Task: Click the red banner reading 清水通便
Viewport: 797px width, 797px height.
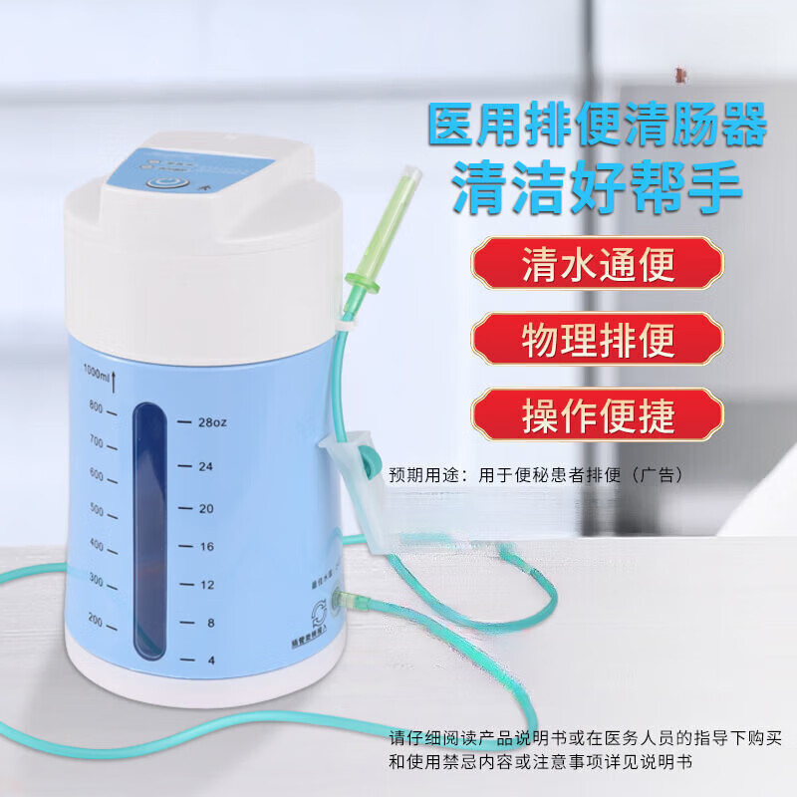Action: pos(598,266)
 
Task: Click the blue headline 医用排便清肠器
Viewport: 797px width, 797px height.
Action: pos(597,128)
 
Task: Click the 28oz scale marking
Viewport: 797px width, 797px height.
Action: pos(211,422)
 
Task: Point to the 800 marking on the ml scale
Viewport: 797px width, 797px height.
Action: pos(97,406)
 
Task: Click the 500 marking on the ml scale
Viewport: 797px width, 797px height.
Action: pos(97,510)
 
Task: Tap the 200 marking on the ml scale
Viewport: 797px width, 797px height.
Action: pos(97,621)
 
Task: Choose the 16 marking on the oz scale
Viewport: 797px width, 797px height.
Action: pos(206,546)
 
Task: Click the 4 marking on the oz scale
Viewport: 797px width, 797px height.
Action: pos(210,659)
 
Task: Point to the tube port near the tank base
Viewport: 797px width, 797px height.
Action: pos(344,600)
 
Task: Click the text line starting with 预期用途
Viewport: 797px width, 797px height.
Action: pos(538,476)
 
